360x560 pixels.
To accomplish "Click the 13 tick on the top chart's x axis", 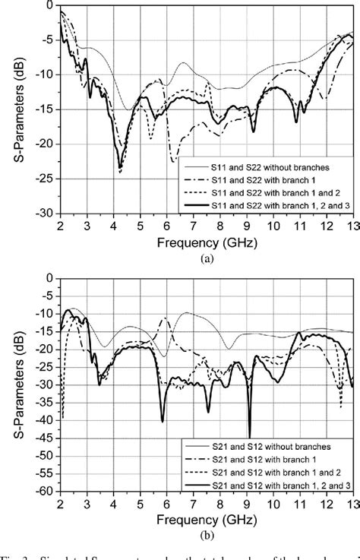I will (351, 226).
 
